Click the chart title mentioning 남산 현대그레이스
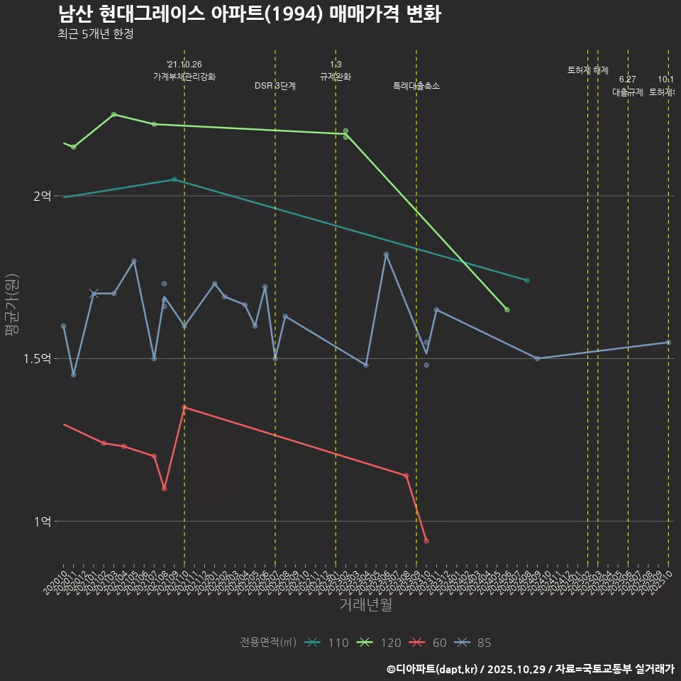pos(249,14)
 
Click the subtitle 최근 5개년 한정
pos(95,34)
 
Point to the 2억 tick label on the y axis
pos(42,196)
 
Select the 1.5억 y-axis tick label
pos(37,359)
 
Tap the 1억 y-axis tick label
pos(42,521)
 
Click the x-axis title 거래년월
pos(365,605)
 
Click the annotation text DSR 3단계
pos(275,86)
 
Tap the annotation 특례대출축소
pos(416,86)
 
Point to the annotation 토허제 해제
pos(588,70)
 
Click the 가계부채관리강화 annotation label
pos(184,77)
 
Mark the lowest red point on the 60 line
pos(426,541)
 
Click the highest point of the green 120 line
pos(114,114)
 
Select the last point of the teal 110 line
pos(527,281)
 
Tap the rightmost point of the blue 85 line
pos(668,343)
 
